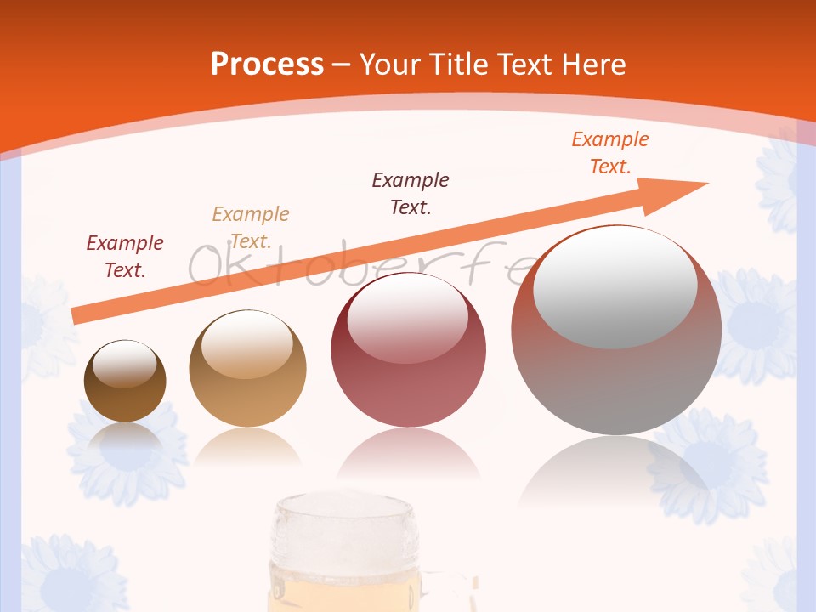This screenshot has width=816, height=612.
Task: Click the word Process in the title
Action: point(267,65)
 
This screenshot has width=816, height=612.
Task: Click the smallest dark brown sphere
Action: point(125,382)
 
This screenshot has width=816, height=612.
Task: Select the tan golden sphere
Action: point(247,369)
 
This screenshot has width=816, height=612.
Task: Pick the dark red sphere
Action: point(408,351)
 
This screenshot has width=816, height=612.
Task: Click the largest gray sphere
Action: point(616,331)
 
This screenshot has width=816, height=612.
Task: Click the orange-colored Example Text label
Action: point(609,153)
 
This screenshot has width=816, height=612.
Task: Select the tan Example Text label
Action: point(251,227)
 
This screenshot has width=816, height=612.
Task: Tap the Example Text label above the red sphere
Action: point(411,193)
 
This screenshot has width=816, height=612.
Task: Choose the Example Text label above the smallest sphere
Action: point(125,256)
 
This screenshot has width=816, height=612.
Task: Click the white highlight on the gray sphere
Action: point(615,287)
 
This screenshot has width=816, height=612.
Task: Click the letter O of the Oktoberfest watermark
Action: point(205,265)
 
